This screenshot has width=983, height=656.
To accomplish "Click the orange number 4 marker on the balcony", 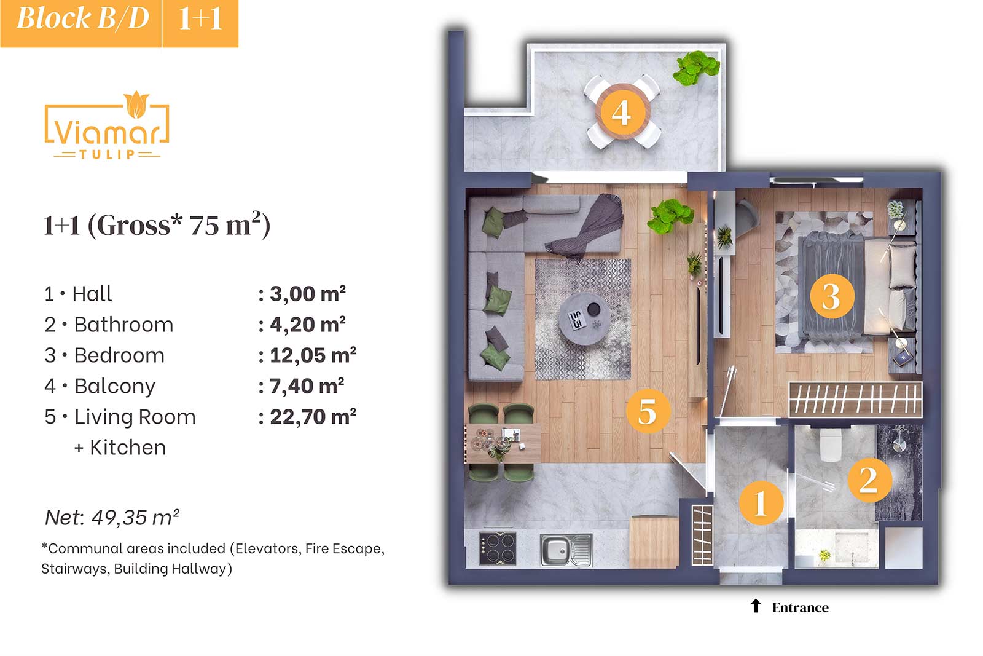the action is pos(622,112).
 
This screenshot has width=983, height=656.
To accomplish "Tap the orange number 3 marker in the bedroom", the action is pos(832,296).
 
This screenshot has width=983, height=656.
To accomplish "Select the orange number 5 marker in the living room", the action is pos(648,411).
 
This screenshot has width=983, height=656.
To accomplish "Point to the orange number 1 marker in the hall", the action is pos(761,503).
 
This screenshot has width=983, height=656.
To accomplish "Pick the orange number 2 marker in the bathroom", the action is pos(870,480).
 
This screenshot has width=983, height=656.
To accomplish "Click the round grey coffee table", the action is pos(584,319).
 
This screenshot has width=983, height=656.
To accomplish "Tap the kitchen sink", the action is pos(566,550).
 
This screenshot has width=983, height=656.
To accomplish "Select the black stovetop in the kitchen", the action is pos(498,548).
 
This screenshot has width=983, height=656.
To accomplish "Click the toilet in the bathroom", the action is pos(830,444).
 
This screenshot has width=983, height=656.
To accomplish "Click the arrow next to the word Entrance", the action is pos(755,606).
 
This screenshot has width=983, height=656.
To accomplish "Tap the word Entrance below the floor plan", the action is pos(801,607).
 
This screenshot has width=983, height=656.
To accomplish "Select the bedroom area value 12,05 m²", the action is pos(313,355).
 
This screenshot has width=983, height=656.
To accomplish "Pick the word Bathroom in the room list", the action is pos(123,325).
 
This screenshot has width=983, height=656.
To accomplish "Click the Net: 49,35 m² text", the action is pos(112,517).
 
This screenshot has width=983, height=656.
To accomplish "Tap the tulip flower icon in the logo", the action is pos(136,105).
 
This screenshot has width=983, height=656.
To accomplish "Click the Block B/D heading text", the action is pos(83,19).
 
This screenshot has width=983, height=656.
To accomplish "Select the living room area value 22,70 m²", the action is pos(313,417).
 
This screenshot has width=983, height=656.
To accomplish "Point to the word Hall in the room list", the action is pos(92,294).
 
